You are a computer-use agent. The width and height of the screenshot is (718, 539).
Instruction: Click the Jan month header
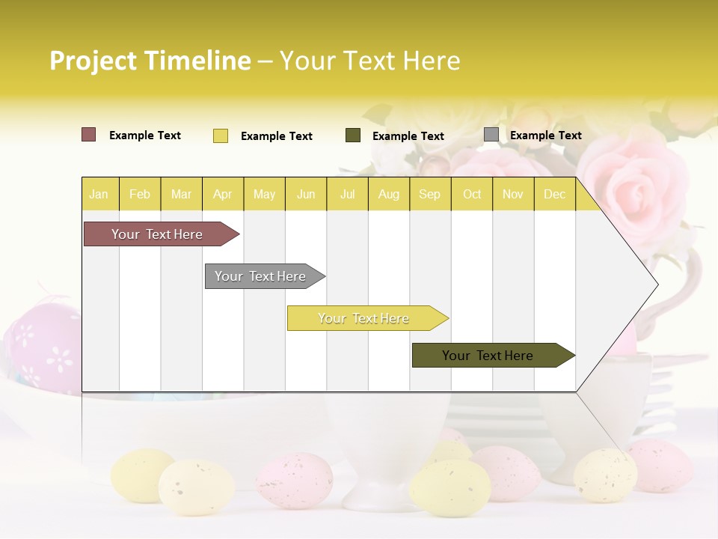99,194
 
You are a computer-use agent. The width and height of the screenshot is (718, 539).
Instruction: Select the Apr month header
222,194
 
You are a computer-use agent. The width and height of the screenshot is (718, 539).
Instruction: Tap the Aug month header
388,194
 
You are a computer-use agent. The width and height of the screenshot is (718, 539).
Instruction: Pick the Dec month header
554,194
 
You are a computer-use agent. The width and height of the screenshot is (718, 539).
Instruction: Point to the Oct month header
471,194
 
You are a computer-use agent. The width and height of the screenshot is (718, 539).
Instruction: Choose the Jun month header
305,194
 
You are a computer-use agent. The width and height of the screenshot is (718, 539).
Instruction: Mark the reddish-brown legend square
88,135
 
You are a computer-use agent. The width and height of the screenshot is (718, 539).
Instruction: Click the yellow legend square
220,135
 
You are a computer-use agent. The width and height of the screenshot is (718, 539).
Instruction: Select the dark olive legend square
352,135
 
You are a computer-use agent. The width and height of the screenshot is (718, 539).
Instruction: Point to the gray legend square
491,135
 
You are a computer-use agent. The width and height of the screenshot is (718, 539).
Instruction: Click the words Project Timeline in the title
150,61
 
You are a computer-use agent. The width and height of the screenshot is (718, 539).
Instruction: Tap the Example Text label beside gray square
545,135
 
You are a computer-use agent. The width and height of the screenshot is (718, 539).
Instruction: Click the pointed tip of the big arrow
656,284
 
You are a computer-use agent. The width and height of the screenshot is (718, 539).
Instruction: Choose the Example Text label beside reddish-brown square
144,135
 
